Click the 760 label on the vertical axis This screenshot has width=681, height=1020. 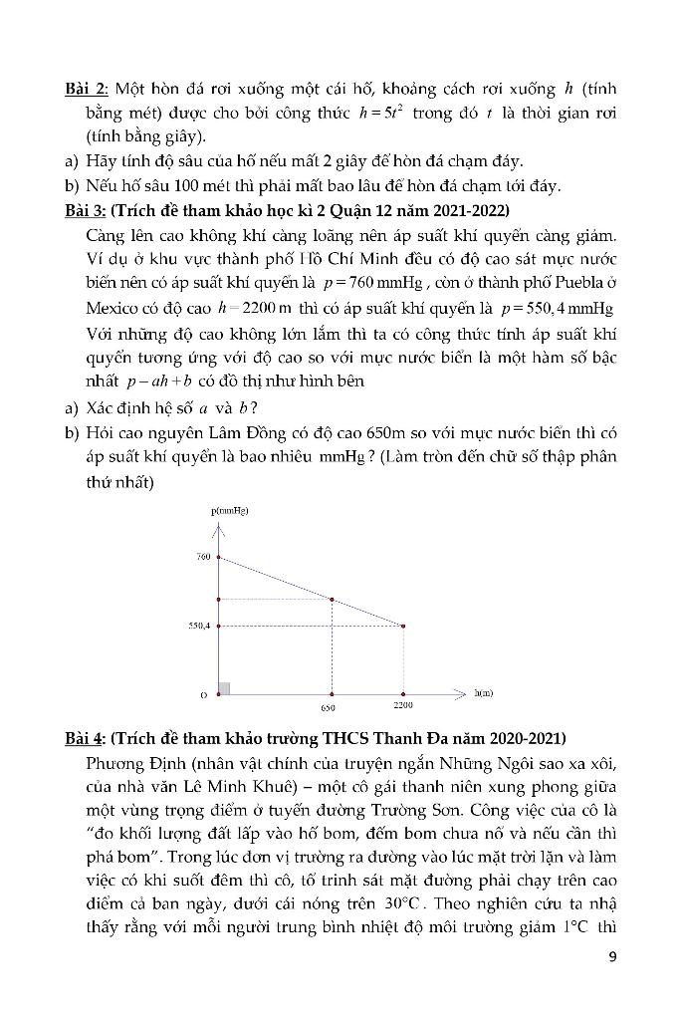point(203,557)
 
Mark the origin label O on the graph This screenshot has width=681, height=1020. point(204,694)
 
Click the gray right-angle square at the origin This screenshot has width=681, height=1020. point(224,687)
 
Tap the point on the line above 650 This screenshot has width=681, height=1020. point(332,599)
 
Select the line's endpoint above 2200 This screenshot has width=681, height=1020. point(403,626)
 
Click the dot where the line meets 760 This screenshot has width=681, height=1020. point(219,558)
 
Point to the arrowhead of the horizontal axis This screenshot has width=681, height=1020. point(460,691)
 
